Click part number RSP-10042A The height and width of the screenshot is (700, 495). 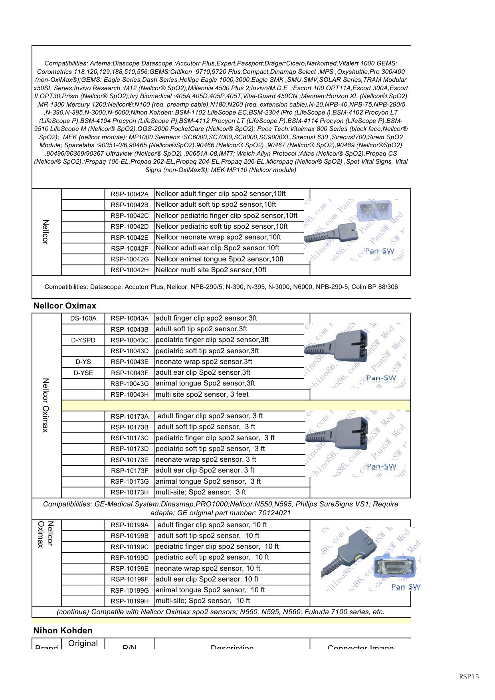tap(129, 194)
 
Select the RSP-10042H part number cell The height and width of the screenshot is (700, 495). tap(129, 270)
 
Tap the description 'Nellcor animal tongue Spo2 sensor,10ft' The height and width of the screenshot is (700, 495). tap(220, 259)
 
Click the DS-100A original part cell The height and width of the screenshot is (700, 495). tap(83, 318)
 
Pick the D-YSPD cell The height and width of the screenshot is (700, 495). tap(83, 340)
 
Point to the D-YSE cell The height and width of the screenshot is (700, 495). tap(83, 373)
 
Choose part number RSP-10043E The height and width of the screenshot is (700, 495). tap(129, 362)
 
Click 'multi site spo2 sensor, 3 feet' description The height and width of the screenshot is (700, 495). tap(202, 394)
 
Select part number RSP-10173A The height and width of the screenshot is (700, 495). tap(129, 416)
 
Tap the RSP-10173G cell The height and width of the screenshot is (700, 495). tap(129, 482)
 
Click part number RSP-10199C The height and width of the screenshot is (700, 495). tap(129, 547)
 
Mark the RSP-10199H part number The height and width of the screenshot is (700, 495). tap(129, 601)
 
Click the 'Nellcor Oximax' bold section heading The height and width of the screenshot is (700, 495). tap(65, 306)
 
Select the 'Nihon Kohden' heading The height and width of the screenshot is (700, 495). tap(63, 631)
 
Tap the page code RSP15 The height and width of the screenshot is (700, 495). tap(469, 676)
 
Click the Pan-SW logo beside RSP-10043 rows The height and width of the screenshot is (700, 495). tap(381, 378)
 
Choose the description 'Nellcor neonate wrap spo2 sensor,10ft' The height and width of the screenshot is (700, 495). tap(218, 237)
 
